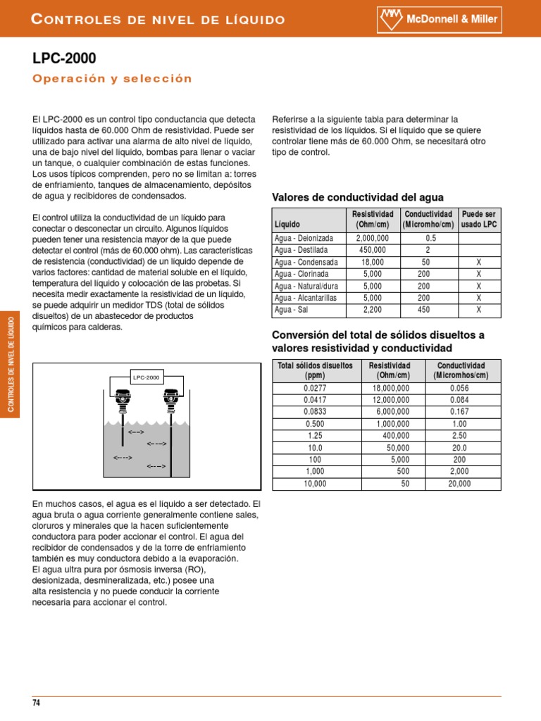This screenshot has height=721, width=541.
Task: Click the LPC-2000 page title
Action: (x=64, y=58)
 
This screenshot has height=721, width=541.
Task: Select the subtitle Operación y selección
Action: (x=112, y=78)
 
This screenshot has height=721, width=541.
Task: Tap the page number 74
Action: (x=37, y=703)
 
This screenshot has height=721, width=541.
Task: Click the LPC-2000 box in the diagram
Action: (x=146, y=377)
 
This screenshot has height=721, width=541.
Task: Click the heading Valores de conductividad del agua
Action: (x=358, y=197)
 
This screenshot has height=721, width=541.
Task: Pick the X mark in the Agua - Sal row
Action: (x=478, y=309)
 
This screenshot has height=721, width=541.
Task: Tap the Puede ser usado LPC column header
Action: (x=478, y=219)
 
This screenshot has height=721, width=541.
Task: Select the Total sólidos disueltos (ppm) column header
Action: (x=316, y=370)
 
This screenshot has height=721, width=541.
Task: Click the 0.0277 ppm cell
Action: (x=316, y=388)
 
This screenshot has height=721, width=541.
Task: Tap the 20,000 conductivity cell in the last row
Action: (x=461, y=484)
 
